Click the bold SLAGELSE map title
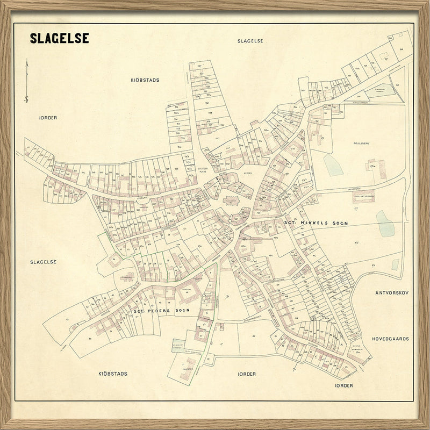click(59, 39)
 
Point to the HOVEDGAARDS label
click(390, 339)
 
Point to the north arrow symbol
click(26, 81)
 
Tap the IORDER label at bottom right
click(343, 385)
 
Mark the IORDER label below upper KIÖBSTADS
click(48, 117)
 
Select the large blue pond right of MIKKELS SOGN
click(385, 224)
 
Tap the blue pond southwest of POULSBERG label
click(333, 164)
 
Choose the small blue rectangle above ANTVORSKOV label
click(395, 264)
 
